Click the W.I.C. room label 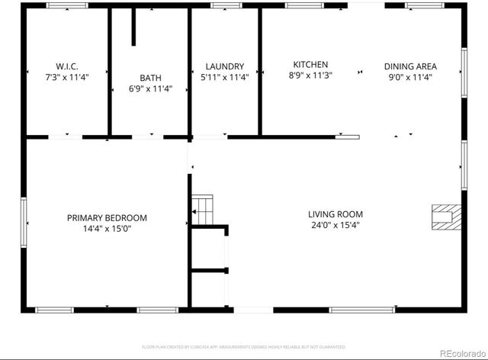click(67, 66)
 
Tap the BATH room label click(150, 78)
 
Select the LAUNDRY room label click(224, 66)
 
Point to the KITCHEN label click(310, 65)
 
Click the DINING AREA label click(410, 66)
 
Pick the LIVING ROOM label click(335, 214)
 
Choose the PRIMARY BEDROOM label click(107, 218)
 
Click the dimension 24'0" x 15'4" click(335, 225)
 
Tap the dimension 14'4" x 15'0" click(107, 229)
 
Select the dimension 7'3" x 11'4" click(67, 77)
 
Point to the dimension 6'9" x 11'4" click(150, 88)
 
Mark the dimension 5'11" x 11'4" click(224, 77)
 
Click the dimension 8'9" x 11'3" click(310, 76)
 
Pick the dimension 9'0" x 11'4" click(410, 77)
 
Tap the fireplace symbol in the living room click(445, 217)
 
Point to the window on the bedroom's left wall click(24, 222)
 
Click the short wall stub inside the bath click(133, 28)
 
